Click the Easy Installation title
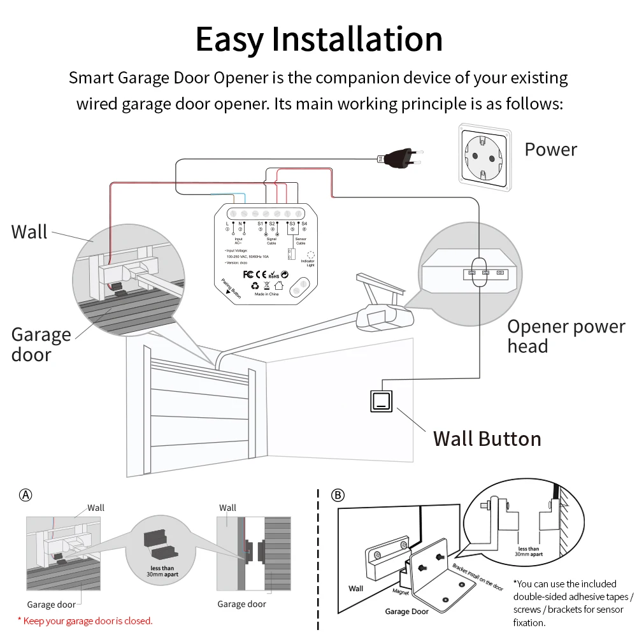tap(318, 39)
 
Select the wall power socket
tap(485, 157)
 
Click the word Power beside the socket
tap(550, 150)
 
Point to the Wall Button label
tap(487, 439)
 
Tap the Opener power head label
tap(566, 336)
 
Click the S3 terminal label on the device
tap(292, 224)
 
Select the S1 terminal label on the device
tap(260, 224)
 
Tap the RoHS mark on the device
tap(273, 276)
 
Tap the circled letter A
tap(25, 495)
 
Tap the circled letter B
tap(338, 495)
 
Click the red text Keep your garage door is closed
tap(85, 620)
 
